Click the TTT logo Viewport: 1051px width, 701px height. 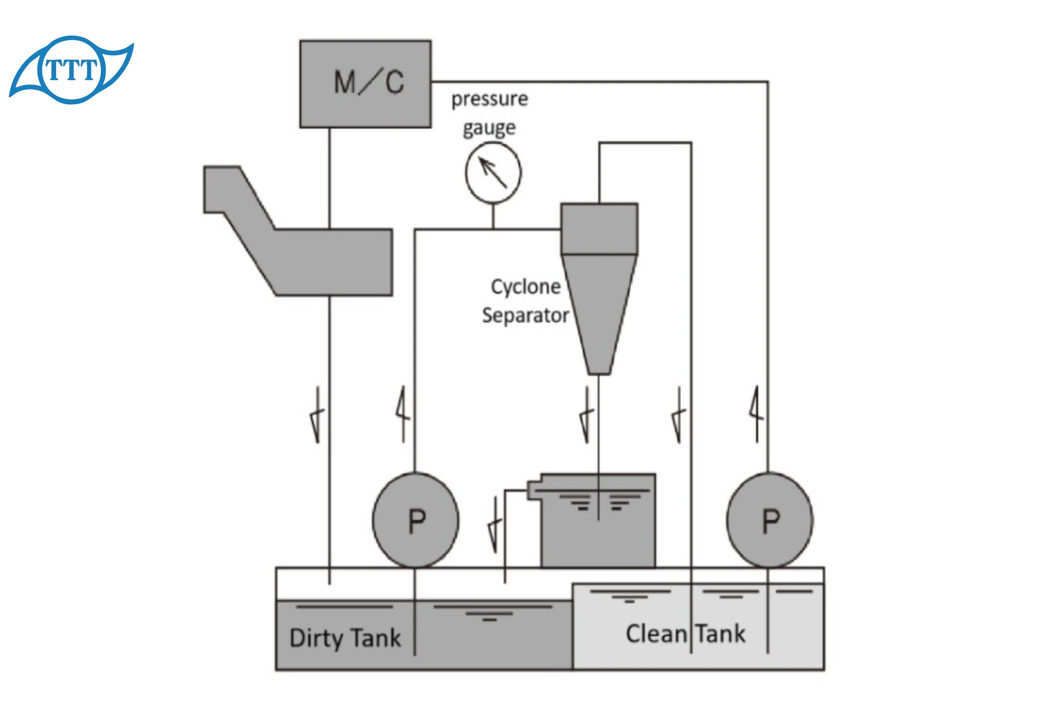click(71, 70)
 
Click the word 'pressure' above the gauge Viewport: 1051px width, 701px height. click(489, 99)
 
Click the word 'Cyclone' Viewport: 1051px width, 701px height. click(525, 287)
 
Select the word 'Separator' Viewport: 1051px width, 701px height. click(525, 315)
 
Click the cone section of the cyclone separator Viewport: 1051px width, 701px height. click(599, 309)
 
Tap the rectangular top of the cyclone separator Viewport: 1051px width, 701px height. click(599, 229)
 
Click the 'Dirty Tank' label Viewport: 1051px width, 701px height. click(345, 638)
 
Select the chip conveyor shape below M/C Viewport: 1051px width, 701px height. click(313, 250)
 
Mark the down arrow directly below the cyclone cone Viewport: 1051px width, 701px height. click(586, 416)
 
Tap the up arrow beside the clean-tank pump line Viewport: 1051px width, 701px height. click(756, 413)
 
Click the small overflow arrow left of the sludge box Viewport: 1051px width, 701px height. click(494, 525)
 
